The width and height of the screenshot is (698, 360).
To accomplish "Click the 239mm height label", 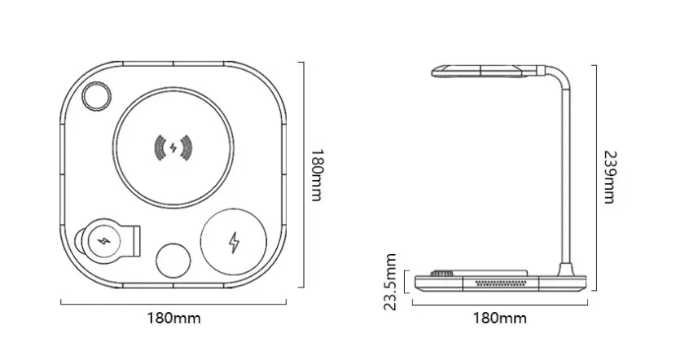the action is (x=610, y=177).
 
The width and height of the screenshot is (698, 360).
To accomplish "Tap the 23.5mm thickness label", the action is (x=390, y=282).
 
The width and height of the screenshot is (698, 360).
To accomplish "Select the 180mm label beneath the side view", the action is (x=499, y=318).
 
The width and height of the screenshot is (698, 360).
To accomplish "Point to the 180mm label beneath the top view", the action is (x=174, y=318).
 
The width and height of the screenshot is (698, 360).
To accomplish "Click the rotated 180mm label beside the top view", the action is (x=317, y=175).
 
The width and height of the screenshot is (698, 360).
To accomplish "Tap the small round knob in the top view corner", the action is (x=96, y=95).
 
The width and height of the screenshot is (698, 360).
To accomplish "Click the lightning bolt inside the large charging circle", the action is (x=173, y=148).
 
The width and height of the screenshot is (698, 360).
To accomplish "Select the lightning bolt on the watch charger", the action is (x=104, y=242).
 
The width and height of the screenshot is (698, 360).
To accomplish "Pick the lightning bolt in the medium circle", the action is (x=234, y=243).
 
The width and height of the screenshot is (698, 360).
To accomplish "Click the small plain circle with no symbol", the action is (x=173, y=261).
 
